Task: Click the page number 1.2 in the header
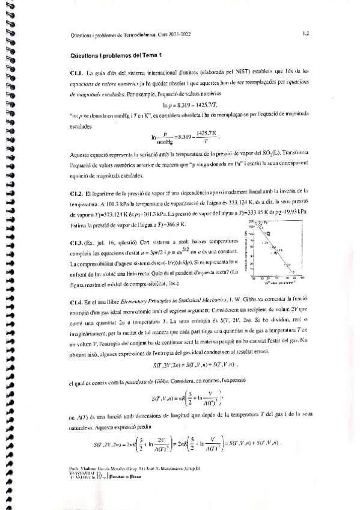pos(306,34)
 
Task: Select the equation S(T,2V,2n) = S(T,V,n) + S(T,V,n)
pos(188,364)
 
